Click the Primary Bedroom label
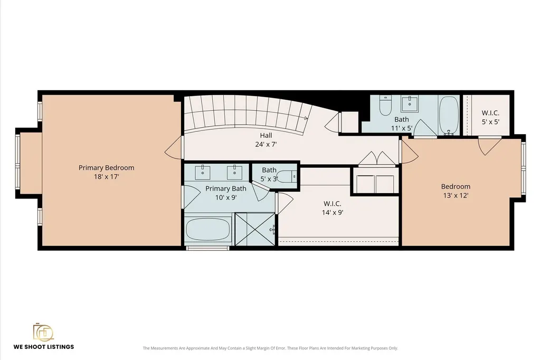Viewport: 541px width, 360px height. point(106,168)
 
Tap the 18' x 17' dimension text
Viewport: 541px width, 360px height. point(106,177)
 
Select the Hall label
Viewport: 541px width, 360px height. point(266,135)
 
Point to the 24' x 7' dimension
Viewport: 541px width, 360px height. point(266,144)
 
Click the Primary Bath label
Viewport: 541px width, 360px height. point(226,188)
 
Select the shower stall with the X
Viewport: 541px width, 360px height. point(255,229)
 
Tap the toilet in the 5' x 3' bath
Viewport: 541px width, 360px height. point(287,176)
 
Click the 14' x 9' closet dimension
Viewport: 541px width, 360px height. point(333,213)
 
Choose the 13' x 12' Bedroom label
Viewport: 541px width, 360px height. point(456,187)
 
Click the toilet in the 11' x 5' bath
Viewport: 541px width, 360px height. point(385,105)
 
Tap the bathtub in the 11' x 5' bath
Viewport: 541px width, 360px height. point(449,115)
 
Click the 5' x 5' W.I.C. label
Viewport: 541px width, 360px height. point(491,113)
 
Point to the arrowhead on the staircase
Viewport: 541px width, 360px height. point(306,118)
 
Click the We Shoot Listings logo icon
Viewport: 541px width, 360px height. point(43,332)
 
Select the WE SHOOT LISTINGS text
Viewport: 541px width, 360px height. point(44,347)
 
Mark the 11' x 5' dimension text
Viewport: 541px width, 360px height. point(402,128)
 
